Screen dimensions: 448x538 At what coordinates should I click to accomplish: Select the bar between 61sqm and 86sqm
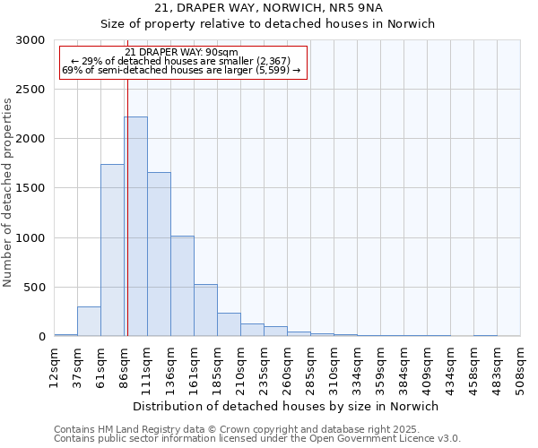(x=112, y=250)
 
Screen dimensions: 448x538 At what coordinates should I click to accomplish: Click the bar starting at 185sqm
(x=229, y=324)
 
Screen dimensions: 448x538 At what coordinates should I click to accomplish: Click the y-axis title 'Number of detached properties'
(x=8, y=193)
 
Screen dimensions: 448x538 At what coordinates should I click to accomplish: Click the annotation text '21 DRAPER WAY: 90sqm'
(x=183, y=52)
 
